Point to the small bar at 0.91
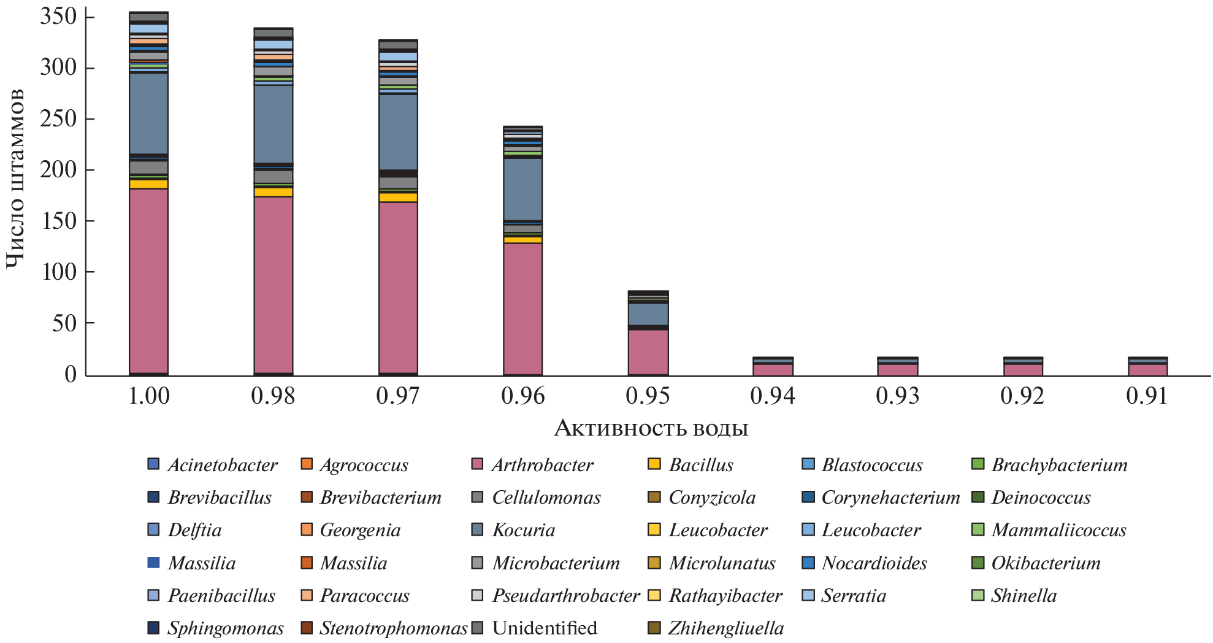1147,367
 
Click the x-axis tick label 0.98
273,396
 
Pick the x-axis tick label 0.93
897,396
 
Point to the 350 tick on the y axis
58,17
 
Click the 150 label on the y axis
58,221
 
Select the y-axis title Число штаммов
15,178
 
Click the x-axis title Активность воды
651,428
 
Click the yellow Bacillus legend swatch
654,464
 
